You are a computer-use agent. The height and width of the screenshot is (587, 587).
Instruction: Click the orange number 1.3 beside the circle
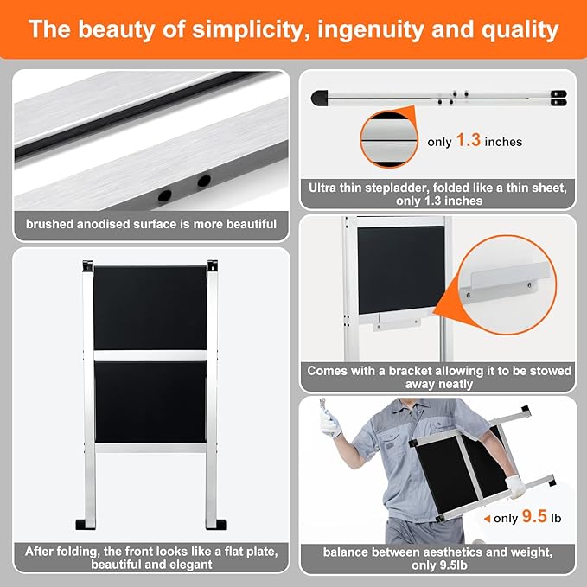coord(469,140)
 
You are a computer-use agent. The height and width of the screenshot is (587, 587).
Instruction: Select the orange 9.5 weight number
coord(534,516)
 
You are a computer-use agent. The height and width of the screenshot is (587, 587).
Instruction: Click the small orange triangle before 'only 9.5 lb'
coord(487,519)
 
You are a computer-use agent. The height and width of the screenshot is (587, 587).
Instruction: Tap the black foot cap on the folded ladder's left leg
coord(86,524)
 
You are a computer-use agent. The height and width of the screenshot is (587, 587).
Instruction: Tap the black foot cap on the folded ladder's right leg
coord(216,524)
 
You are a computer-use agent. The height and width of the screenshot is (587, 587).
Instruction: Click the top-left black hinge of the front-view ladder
coord(87,265)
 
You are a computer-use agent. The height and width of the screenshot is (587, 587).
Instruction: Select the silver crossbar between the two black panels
coord(150,355)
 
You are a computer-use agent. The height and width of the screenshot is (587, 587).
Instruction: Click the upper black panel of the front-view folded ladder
coord(150,308)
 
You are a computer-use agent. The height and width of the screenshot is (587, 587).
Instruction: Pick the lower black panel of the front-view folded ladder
coord(150,402)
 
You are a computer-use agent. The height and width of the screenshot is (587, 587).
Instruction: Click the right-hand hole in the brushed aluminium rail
coord(204,181)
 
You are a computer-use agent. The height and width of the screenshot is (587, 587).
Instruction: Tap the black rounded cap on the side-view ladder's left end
coord(320,98)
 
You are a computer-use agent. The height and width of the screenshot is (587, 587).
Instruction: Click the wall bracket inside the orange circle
coord(506,283)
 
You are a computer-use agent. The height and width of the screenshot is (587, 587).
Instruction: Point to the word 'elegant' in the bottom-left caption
coord(189,565)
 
